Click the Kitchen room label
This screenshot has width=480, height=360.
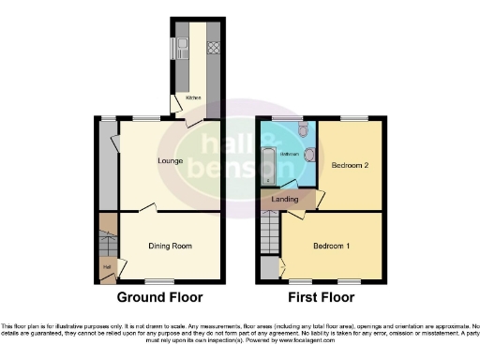tap(192, 97)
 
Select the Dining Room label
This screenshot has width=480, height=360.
tap(171, 246)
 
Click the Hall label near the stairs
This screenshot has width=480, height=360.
tap(106, 265)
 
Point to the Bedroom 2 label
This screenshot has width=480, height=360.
tap(350, 165)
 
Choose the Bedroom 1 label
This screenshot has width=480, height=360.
tap(332, 246)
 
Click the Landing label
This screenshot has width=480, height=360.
tap(285, 199)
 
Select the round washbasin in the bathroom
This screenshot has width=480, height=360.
tap(308, 153)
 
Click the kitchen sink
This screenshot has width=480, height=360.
tap(175, 47)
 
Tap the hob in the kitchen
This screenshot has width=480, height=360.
tap(213, 44)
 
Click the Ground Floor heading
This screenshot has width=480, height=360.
tap(158, 298)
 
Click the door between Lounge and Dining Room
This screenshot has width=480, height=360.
tap(146, 207)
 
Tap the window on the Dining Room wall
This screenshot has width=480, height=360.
tap(159, 282)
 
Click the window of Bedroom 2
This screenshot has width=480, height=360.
tap(353, 118)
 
